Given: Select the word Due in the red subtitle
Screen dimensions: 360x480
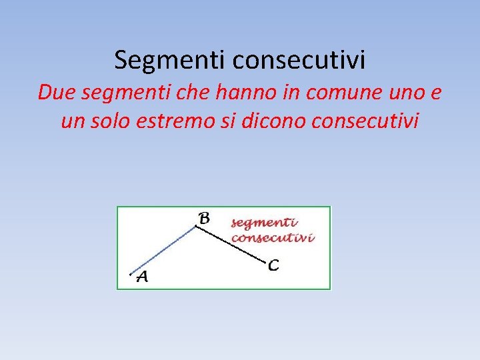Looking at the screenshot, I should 54,93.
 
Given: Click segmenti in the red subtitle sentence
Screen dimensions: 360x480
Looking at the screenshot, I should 119,94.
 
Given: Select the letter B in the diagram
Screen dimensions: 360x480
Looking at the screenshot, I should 205,217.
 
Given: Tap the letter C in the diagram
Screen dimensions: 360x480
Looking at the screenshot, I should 273,265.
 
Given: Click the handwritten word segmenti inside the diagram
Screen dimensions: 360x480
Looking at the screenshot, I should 265,223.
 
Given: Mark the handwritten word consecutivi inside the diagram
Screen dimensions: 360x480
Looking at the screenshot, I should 273,237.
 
